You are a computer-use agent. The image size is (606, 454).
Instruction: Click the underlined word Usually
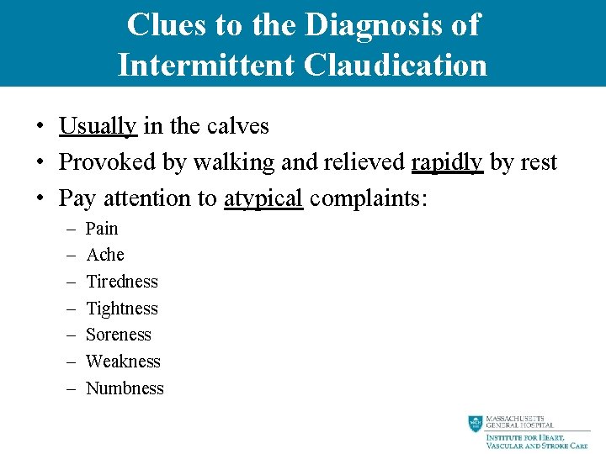coord(98,126)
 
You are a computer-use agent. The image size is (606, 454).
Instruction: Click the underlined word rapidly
coord(447,162)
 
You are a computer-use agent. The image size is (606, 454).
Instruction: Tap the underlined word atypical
coord(263,198)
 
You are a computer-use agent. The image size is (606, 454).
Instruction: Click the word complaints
coord(369,198)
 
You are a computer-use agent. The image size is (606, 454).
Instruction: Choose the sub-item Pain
coord(102,229)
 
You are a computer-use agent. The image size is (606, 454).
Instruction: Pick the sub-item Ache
coord(105,255)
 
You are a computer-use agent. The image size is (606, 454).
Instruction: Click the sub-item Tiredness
coord(122,282)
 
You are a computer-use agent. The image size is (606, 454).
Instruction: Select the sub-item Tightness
coord(122,309)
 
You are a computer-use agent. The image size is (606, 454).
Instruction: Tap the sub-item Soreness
coord(119,335)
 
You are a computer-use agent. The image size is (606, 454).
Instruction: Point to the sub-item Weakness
coord(123,362)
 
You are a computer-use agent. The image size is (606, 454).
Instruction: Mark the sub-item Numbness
coord(125,388)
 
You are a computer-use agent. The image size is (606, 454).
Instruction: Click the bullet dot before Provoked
coord(40,163)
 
